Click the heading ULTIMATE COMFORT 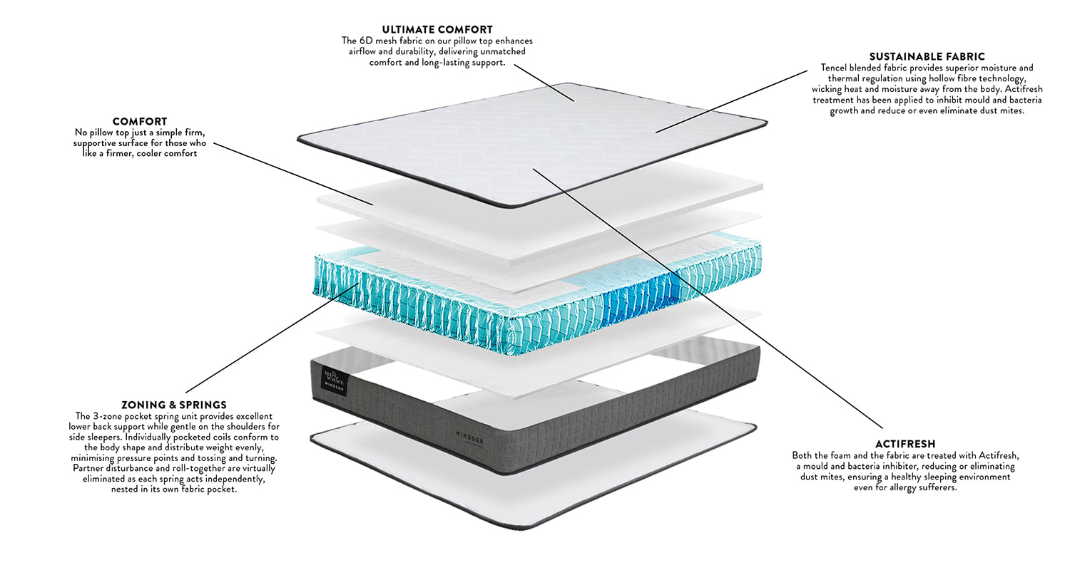[437, 30]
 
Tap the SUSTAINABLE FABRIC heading [927, 56]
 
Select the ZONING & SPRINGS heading [174, 405]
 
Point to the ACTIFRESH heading [905, 443]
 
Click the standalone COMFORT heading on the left [140, 122]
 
